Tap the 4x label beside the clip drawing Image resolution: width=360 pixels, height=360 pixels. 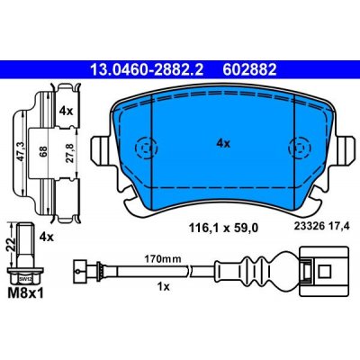click(66, 113)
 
